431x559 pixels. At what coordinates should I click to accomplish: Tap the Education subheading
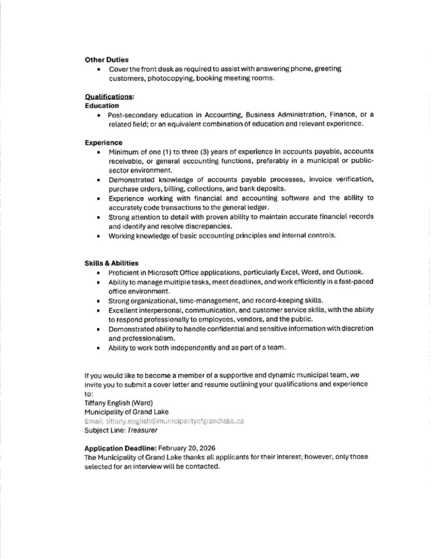(102, 105)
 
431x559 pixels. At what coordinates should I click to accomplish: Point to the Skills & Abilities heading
(111, 263)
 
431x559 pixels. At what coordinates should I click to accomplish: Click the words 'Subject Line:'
(103, 431)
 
